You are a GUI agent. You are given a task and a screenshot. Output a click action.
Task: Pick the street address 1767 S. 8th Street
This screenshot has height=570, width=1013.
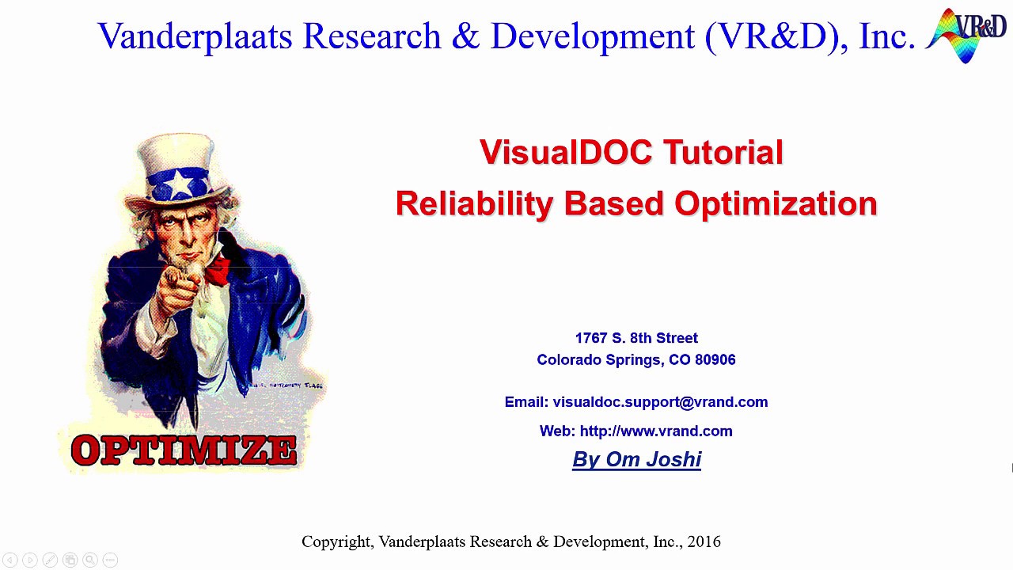pos(636,338)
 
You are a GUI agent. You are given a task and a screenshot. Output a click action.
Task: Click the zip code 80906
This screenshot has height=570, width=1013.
pos(715,359)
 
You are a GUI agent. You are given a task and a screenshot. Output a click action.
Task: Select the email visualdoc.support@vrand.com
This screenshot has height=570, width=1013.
pos(660,402)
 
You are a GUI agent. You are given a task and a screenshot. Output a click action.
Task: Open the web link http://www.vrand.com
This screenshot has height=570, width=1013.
pos(656,431)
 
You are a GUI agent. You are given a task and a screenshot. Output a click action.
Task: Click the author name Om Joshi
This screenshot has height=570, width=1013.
pos(654,460)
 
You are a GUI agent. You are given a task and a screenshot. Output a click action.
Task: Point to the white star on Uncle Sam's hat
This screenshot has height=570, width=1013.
pos(180,184)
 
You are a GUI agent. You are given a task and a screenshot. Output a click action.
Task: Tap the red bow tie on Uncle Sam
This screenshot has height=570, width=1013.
pos(218,270)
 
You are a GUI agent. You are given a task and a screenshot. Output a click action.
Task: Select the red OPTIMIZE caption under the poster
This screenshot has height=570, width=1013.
pos(184,450)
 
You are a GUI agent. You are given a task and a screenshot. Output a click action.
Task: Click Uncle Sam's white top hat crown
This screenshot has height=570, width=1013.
pos(176,152)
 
